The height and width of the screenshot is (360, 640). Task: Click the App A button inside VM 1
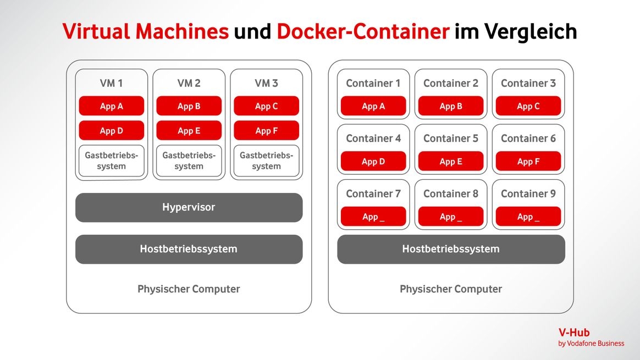pos(112,106)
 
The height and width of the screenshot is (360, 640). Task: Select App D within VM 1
pos(112,131)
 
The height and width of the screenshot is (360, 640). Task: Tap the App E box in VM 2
pos(189,131)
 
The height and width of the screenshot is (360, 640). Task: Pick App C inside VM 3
pos(267,106)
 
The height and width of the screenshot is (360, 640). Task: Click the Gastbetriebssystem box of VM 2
pos(189,161)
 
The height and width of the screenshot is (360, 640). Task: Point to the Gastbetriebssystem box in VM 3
pos(267,161)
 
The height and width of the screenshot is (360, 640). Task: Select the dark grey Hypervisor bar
pos(189,208)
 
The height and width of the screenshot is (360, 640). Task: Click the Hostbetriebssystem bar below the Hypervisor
pos(189,249)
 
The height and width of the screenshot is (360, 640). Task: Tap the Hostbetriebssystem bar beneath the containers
pos(451,249)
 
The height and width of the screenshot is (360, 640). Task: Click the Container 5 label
pos(451,139)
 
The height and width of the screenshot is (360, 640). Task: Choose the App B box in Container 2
pos(451,106)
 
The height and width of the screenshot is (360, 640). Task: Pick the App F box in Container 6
pos(528,162)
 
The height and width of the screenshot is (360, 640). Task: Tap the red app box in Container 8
pos(451,217)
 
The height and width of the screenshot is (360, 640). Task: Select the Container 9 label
pos(528,193)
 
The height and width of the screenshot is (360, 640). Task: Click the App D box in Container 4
pos(373,162)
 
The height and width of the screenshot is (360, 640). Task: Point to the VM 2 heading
pos(189,84)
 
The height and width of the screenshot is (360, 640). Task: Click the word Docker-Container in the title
pos(363,32)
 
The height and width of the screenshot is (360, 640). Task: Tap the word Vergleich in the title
pos(531,32)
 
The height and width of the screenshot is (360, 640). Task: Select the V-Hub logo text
pos(573,333)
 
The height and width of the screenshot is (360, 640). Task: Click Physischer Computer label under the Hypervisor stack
pos(189,289)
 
